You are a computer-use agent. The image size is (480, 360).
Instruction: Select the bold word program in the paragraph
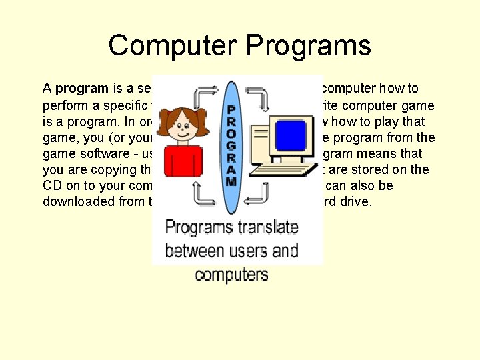(x=82, y=88)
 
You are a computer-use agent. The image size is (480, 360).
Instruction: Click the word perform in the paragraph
(x=65, y=105)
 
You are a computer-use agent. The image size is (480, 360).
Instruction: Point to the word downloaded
(x=79, y=201)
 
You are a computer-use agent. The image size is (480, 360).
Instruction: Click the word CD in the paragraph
(x=53, y=185)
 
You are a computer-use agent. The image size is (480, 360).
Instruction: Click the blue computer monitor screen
(x=290, y=135)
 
